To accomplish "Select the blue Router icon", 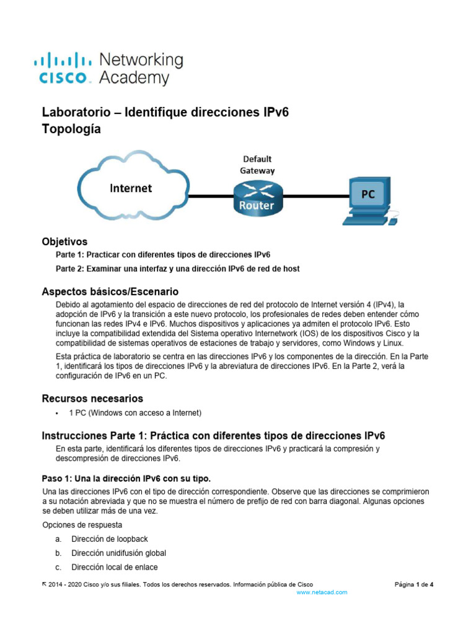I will click(x=257, y=196).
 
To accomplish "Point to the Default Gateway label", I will click(x=257, y=164).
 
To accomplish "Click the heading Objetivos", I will click(x=64, y=241).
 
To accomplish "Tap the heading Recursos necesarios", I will click(x=92, y=398).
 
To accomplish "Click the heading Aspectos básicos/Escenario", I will click(x=110, y=291).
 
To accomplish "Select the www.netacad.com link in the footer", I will click(x=322, y=593).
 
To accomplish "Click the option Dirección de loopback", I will click(x=110, y=539).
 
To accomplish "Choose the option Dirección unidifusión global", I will click(x=118, y=553).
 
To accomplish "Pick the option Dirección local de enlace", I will click(x=114, y=567).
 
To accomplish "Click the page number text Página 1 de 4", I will click(x=414, y=584).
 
